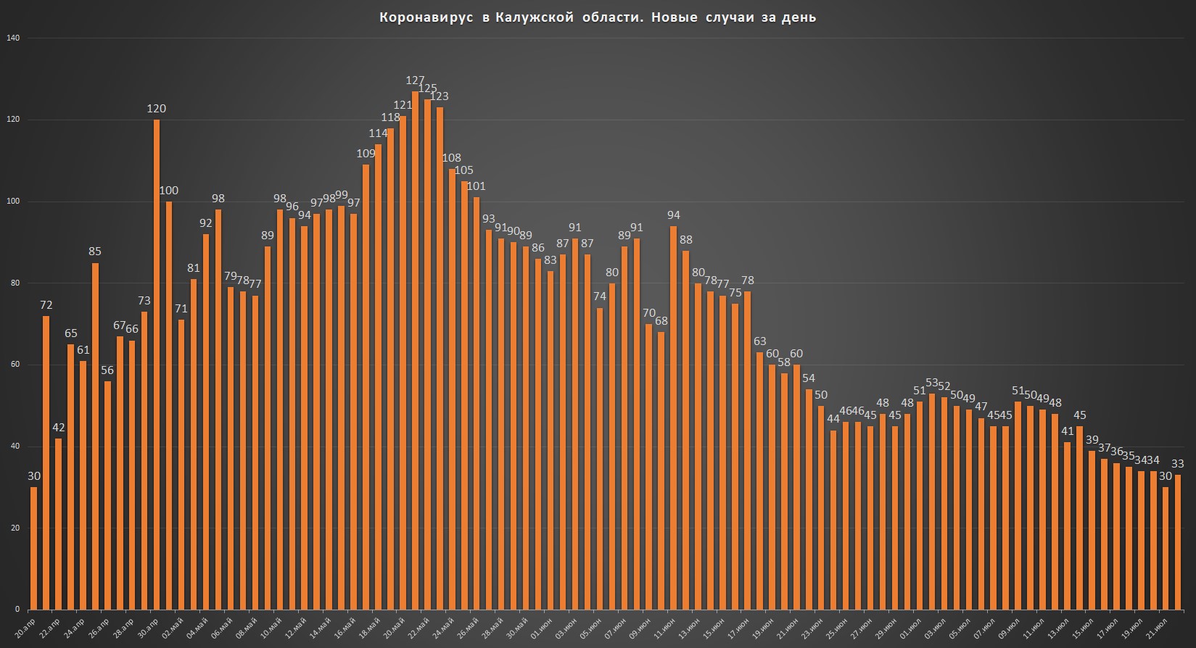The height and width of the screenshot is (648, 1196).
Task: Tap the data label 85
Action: pos(95,252)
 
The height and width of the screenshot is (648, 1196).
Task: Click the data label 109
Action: pos(366,153)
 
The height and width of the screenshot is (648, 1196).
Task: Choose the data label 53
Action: pos(932,382)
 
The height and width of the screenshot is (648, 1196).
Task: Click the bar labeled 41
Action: pos(1067,526)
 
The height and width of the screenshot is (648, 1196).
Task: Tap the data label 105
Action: pos(463,170)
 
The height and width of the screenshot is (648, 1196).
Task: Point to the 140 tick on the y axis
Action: pos(14,38)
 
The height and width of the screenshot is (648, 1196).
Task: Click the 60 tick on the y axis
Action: pos(15,365)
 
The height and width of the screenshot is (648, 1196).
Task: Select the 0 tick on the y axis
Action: pos(17,610)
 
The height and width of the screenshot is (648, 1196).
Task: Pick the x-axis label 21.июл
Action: pos(1158,626)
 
